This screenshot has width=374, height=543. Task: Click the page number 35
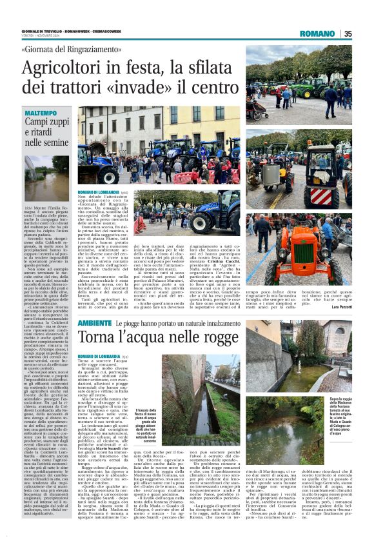pyautogui.click(x=348, y=34)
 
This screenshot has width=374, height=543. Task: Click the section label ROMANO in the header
pyautogui.click(x=318, y=34)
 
